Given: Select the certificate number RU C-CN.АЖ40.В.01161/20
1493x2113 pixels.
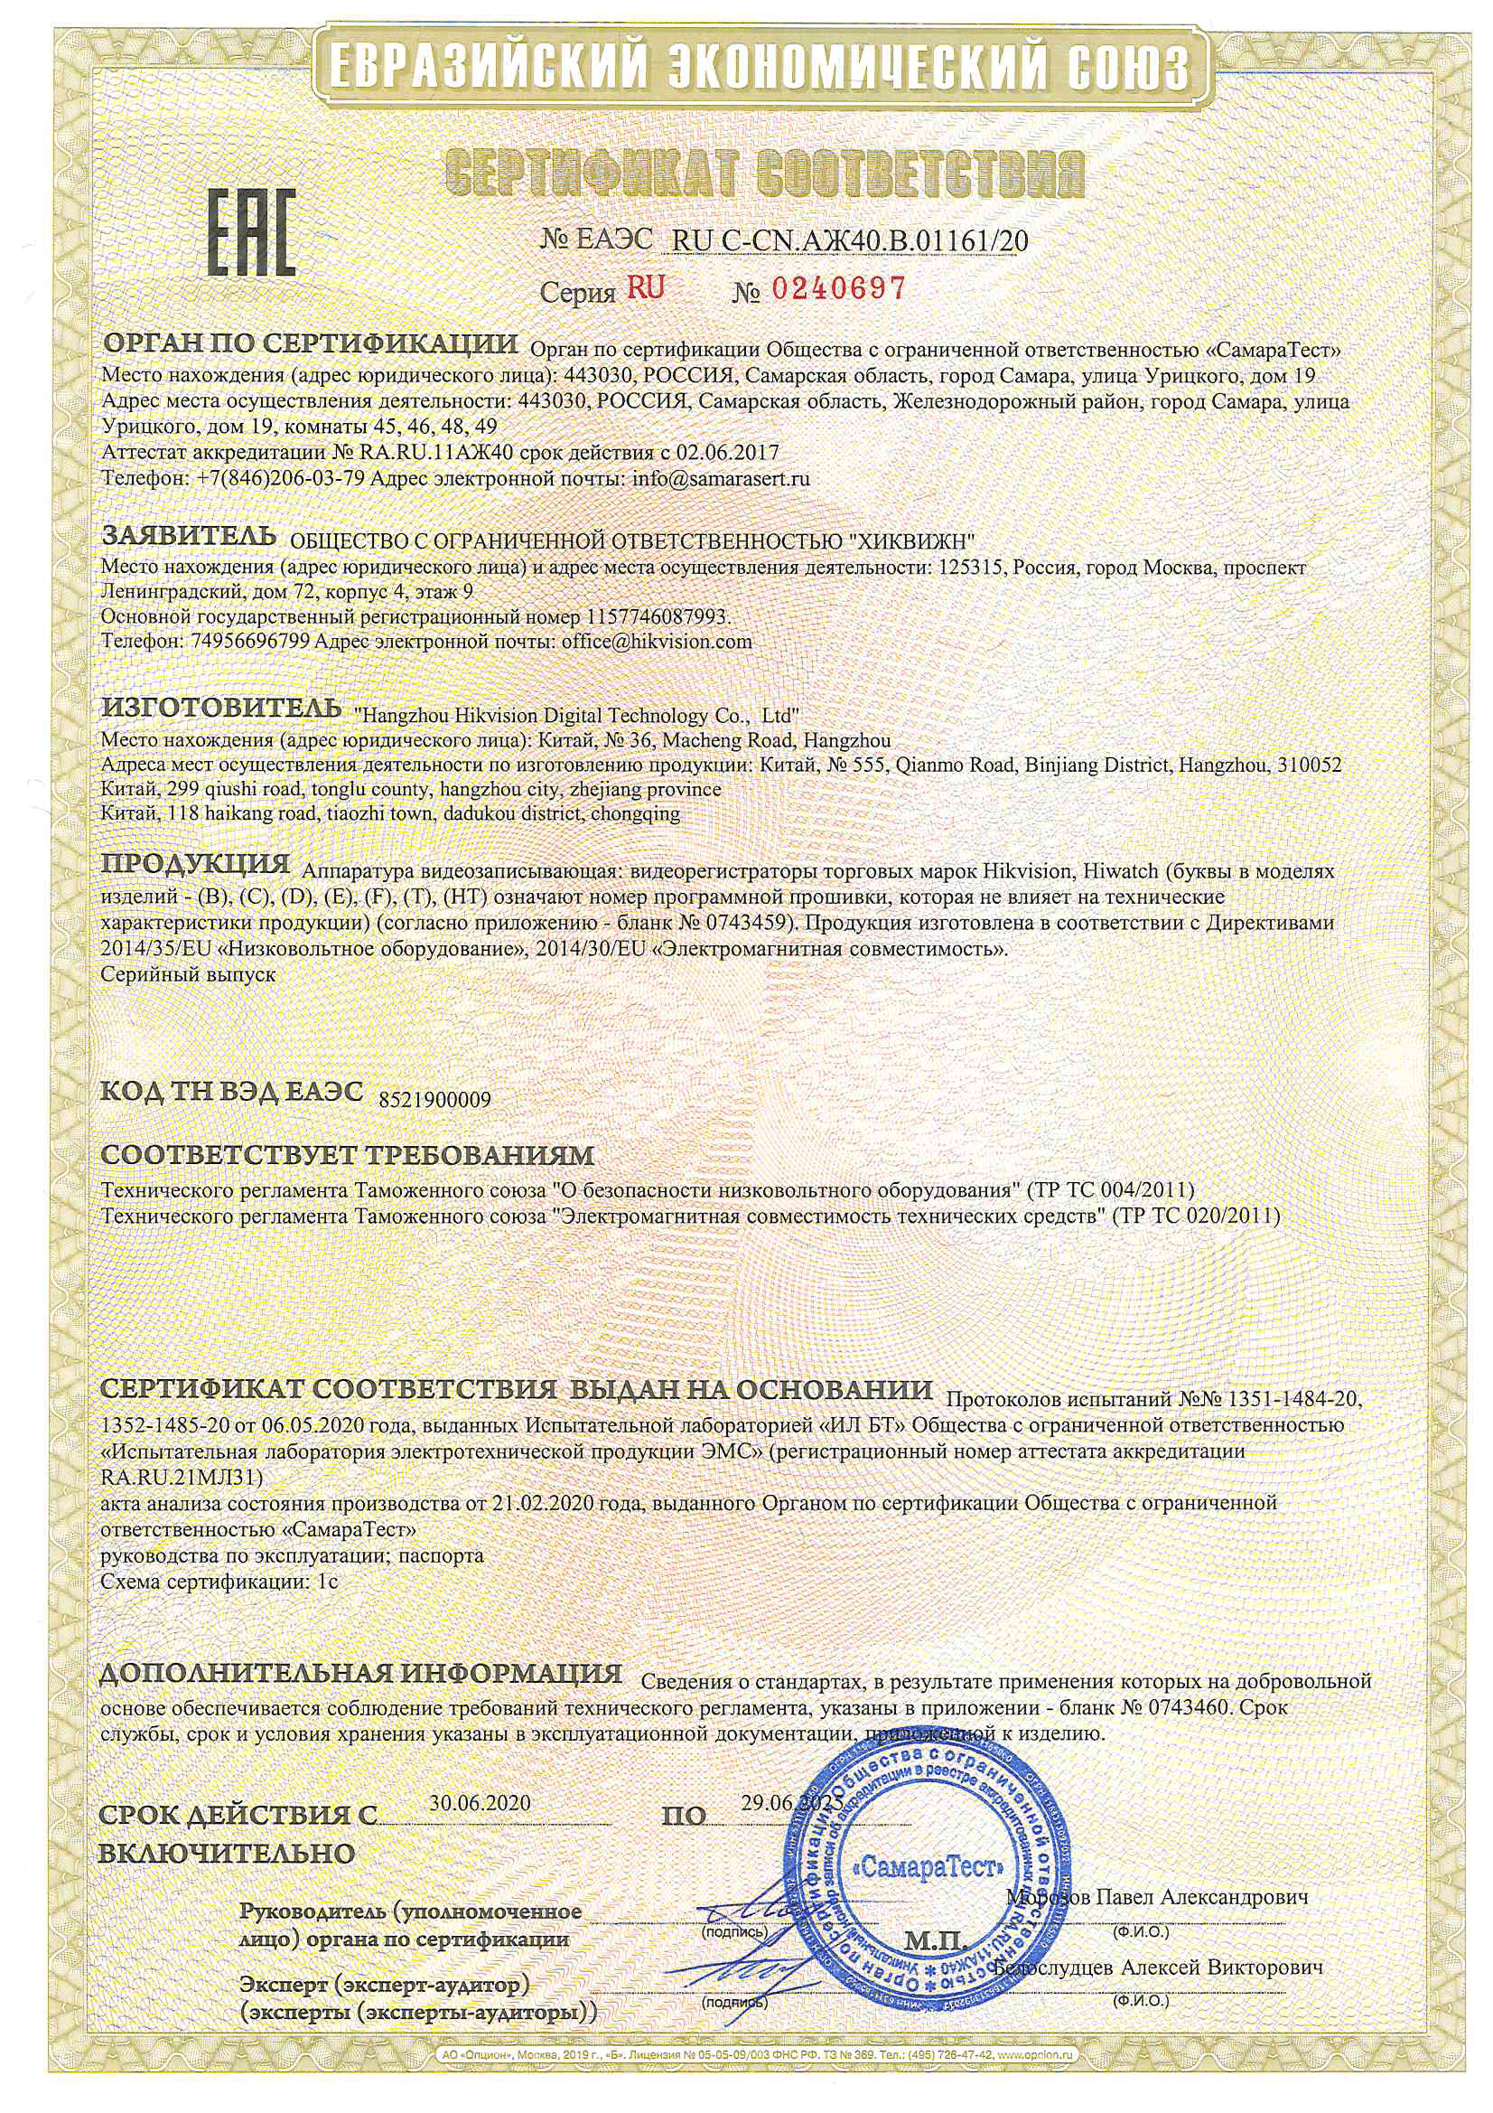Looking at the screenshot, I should pyautogui.click(x=850, y=241).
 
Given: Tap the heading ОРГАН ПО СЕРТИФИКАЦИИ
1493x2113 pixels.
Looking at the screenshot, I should pyautogui.click(x=310, y=345).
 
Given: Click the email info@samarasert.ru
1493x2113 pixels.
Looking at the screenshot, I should pyautogui.click(x=720, y=479).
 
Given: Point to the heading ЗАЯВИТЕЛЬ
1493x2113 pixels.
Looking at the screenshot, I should pyautogui.click(x=189, y=535).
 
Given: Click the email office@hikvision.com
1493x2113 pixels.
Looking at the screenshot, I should pyautogui.click(x=656, y=642).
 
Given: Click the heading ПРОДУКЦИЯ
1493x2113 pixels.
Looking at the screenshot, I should pyautogui.click(x=195, y=864).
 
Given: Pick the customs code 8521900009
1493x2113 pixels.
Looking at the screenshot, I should pyautogui.click(x=435, y=1100).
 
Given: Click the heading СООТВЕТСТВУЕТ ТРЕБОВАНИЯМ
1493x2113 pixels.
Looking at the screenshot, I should pyautogui.click(x=348, y=1154).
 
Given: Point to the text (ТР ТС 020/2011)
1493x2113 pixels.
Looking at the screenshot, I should pyautogui.click(x=1195, y=1216).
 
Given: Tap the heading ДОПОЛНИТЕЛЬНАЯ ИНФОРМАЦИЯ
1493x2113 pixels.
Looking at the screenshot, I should pyautogui.click(x=360, y=1672).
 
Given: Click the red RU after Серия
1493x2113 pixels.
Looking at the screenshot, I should pyautogui.click(x=646, y=288).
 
